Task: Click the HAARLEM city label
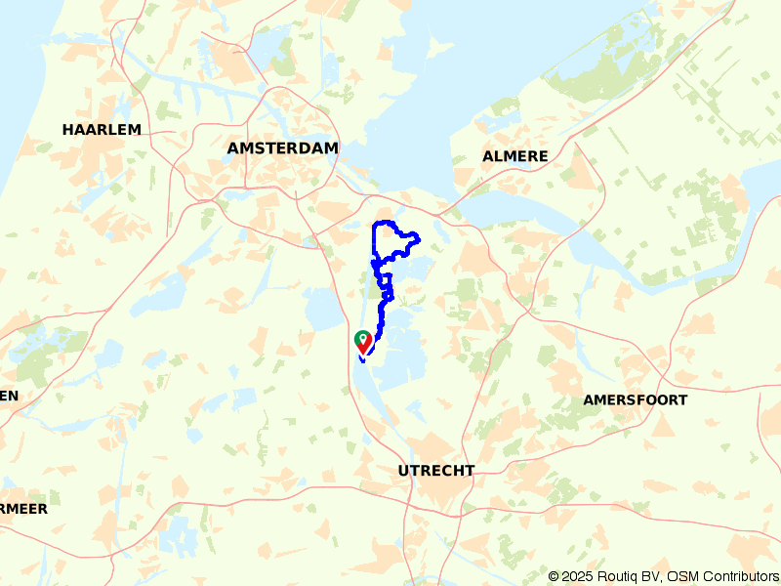[102, 129]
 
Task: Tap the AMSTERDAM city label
[282, 147]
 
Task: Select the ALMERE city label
[515, 156]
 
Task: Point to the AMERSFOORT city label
[635, 399]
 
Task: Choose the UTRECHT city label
[436, 471]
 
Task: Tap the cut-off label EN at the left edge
[9, 396]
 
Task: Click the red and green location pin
[362, 343]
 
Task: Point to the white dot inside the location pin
[362, 338]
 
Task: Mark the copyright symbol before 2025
[555, 576]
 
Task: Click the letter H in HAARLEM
[67, 129]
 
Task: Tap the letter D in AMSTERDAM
[301, 147]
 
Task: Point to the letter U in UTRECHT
[404, 471]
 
